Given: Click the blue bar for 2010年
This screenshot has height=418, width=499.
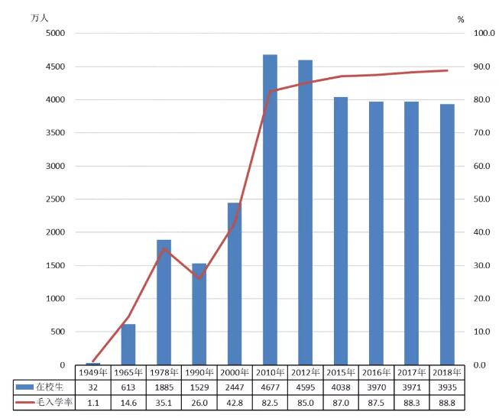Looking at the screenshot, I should click(x=270, y=209).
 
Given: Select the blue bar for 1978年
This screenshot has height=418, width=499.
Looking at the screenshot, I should click(x=164, y=302).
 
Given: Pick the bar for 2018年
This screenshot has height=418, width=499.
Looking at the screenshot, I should click(x=446, y=234).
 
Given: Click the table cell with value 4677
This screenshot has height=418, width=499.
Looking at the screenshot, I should click(x=270, y=387).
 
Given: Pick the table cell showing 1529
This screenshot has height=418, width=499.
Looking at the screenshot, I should click(x=199, y=387).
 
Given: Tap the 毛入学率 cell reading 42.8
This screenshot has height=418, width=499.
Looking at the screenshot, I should click(x=235, y=402).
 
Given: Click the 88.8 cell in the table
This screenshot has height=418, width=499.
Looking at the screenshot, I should click(x=446, y=402).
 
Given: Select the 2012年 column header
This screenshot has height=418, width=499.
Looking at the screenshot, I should click(x=305, y=373).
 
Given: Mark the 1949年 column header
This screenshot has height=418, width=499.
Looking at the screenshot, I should click(x=93, y=373).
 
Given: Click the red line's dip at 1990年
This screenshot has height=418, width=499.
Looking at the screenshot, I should click(x=199, y=278).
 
